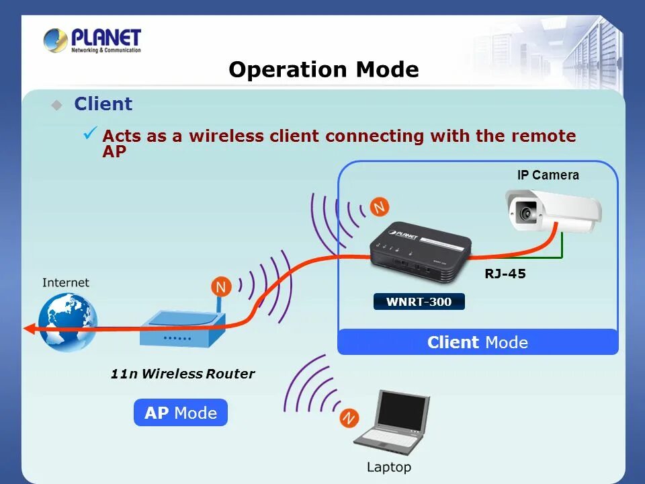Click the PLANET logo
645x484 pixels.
coord(92,40)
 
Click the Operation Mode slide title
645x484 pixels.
coord(323,70)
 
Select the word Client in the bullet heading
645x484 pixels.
coord(103,104)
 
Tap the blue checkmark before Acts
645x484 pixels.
coord(90,132)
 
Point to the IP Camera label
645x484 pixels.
coord(548,175)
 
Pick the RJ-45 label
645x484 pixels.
coord(505,274)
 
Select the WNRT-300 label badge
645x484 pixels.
coord(419,302)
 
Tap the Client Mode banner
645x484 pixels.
coord(477,342)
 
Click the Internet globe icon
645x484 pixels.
coord(67,321)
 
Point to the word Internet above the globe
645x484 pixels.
coord(65,282)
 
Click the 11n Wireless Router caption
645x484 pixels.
coord(183,374)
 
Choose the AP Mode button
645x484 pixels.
coord(181,413)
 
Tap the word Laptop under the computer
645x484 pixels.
coord(388,467)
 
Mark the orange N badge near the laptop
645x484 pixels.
coord(348,418)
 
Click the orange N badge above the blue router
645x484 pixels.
coord(220,287)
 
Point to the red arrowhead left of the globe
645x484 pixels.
coord(28,328)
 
